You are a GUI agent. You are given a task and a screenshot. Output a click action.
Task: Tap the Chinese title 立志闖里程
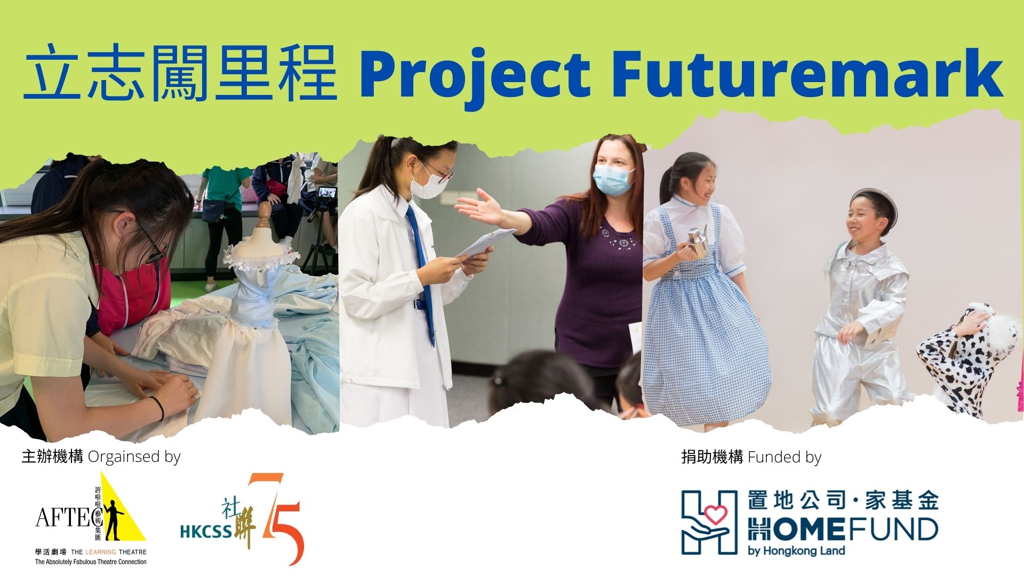click(180, 73)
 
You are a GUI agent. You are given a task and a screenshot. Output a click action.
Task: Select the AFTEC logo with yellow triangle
click(91, 517)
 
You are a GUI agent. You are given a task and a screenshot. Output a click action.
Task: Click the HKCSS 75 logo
click(243, 518)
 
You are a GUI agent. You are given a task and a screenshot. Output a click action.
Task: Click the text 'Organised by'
click(134, 457)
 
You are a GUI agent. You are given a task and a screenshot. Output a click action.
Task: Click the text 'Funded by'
click(785, 457)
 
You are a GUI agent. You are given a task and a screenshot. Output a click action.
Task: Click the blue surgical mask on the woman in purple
click(613, 180)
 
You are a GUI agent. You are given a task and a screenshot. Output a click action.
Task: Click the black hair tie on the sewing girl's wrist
click(158, 408)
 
